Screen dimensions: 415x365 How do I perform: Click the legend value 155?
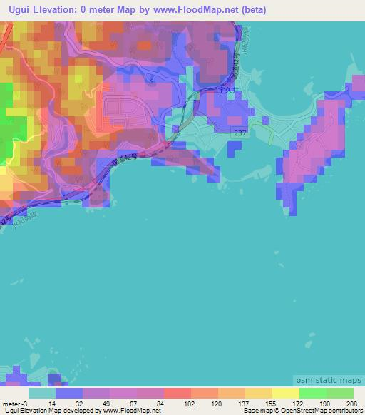click(x=262, y=403)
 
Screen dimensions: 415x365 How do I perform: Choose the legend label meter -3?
click(x=14, y=403)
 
